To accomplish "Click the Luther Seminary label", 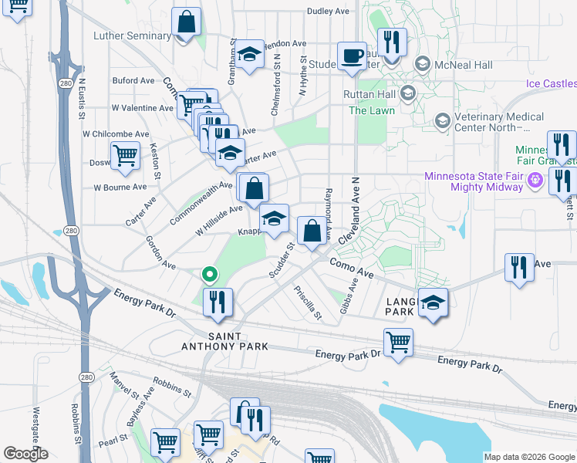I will coord(132,35).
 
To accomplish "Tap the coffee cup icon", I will coord(352,56).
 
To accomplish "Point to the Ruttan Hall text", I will coord(369,95).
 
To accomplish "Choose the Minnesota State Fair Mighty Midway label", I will coord(484,183).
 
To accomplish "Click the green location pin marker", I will coord(208,274).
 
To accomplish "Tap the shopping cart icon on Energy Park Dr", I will coord(398,342).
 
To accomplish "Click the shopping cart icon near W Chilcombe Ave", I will coord(125,155).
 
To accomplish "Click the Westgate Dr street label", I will coord(35,428).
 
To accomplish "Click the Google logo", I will coord(25,454).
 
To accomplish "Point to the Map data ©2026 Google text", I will coord(529,457).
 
